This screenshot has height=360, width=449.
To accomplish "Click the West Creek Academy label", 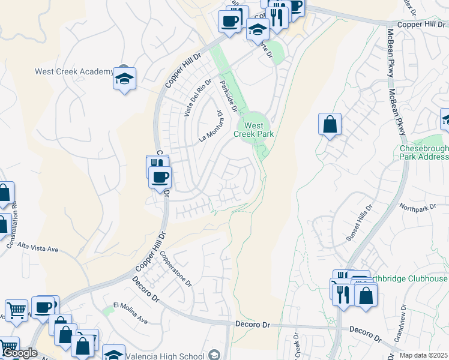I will point(73,71).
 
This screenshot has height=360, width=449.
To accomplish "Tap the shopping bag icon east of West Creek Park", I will point(330,125).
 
